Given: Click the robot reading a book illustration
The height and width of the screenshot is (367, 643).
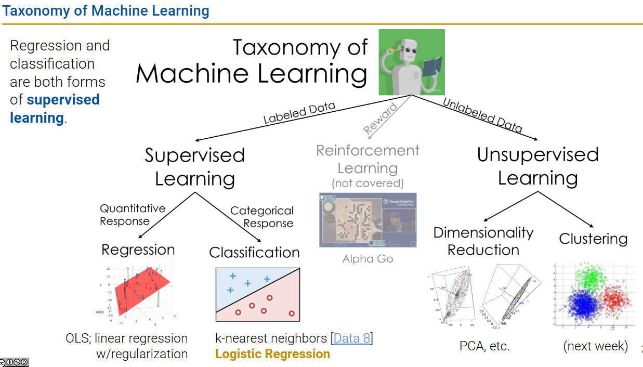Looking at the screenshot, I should [411, 62].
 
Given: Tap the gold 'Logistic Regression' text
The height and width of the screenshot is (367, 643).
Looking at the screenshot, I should [272, 354].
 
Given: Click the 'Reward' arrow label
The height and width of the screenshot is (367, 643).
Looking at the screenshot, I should [380, 119].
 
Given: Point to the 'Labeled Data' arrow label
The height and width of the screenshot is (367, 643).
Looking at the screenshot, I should [299, 113].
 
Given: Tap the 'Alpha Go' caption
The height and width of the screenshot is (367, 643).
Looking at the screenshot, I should [368, 258].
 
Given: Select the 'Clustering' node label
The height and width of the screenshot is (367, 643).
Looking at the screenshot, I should [593, 239].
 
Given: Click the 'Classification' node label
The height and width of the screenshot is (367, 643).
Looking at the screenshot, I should [254, 252].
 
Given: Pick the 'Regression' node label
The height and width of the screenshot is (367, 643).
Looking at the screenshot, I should [138, 250].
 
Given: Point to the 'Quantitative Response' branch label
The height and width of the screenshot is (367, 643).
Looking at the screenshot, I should [133, 215].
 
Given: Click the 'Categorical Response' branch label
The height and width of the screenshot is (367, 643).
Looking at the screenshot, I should [262, 217].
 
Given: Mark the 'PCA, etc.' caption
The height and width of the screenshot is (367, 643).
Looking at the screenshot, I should [484, 346].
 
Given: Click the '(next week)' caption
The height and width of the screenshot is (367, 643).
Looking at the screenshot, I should [595, 346].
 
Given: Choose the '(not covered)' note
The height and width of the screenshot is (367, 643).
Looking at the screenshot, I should [368, 183].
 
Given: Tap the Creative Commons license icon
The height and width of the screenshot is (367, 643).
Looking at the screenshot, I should [14, 362].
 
